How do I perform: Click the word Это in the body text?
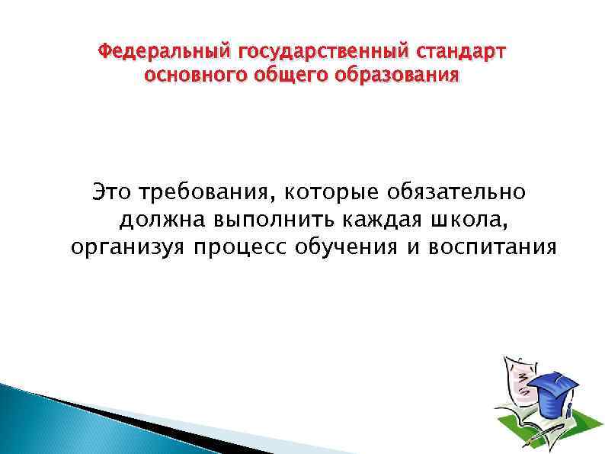coord(111,192)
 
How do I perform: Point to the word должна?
coord(162,220)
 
